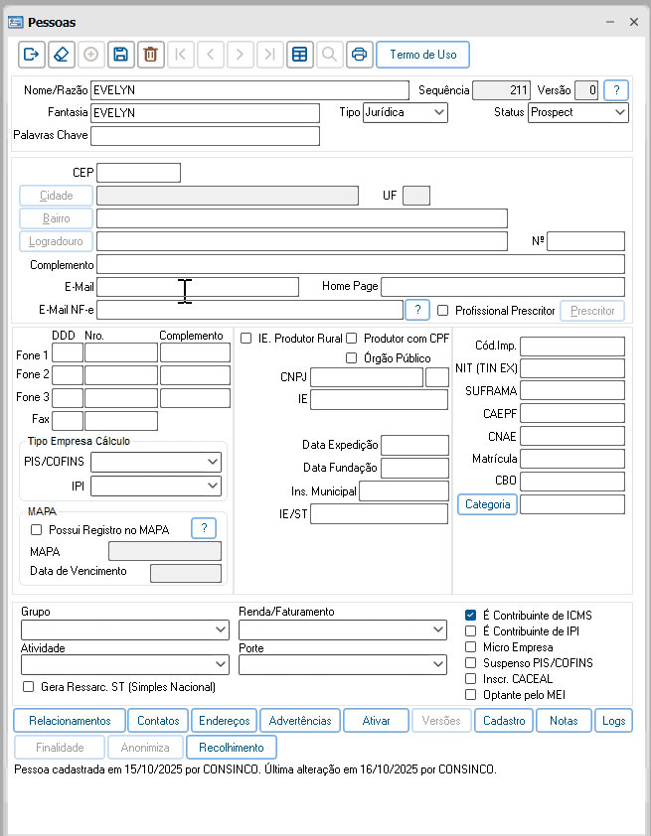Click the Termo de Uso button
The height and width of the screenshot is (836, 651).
[x=422, y=55]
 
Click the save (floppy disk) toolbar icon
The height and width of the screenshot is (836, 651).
[x=120, y=55]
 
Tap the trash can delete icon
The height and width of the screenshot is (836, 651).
[x=149, y=55]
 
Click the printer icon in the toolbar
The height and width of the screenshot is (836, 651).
[x=359, y=55]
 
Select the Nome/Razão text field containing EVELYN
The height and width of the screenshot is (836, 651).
[x=248, y=90]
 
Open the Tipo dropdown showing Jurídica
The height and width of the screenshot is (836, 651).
[x=406, y=112]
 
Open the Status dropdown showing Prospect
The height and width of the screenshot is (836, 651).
[x=577, y=112]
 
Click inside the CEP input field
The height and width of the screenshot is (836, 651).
[x=138, y=173]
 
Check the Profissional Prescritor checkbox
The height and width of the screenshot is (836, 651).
[x=443, y=311]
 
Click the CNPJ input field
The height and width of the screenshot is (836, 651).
[x=366, y=377]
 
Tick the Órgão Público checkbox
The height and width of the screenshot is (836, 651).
[x=352, y=358]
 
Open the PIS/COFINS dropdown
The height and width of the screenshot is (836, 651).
[x=156, y=462]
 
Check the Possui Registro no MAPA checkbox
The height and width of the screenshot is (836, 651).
[x=37, y=530]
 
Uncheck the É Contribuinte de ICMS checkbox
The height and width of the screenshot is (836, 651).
[x=471, y=616]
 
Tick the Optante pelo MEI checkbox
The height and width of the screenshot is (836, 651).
[x=471, y=695]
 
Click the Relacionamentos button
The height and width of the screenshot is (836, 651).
[x=70, y=721]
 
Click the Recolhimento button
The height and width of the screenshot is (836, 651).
[x=232, y=748]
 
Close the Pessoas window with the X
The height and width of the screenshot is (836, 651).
[x=633, y=21]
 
